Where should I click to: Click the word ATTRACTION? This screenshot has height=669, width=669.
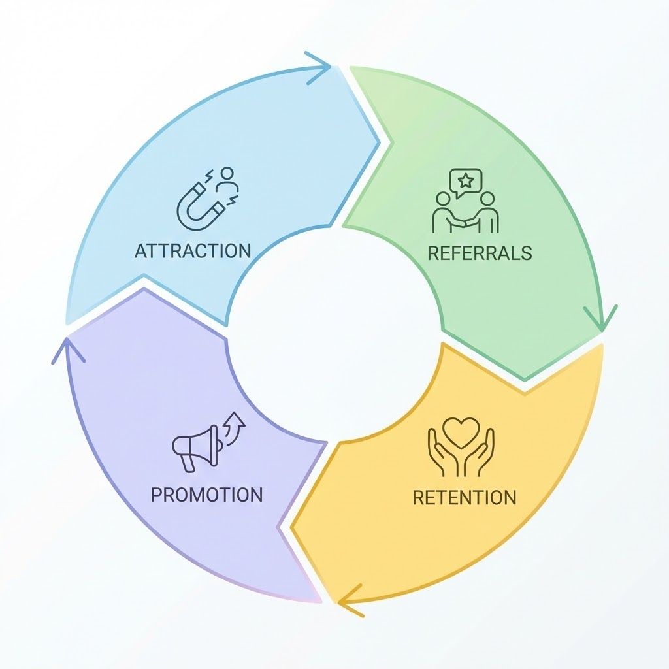pyautogui.click(x=193, y=251)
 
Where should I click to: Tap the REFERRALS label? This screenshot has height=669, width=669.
pyautogui.click(x=480, y=253)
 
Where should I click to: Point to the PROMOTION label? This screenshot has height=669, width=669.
pyautogui.click(x=206, y=494)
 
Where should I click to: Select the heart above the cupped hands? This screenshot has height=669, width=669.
pyautogui.click(x=461, y=431)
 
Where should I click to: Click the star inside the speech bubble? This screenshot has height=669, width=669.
pyautogui.click(x=466, y=178)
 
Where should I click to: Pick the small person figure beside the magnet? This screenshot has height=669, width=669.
pyautogui.click(x=227, y=180)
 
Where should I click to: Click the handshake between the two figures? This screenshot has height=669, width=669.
pyautogui.click(x=465, y=223)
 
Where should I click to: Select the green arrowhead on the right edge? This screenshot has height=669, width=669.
pyautogui.click(x=601, y=318)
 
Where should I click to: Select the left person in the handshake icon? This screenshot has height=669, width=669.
pyautogui.click(x=442, y=212)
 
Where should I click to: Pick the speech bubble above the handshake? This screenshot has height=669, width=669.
pyautogui.click(x=466, y=180)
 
